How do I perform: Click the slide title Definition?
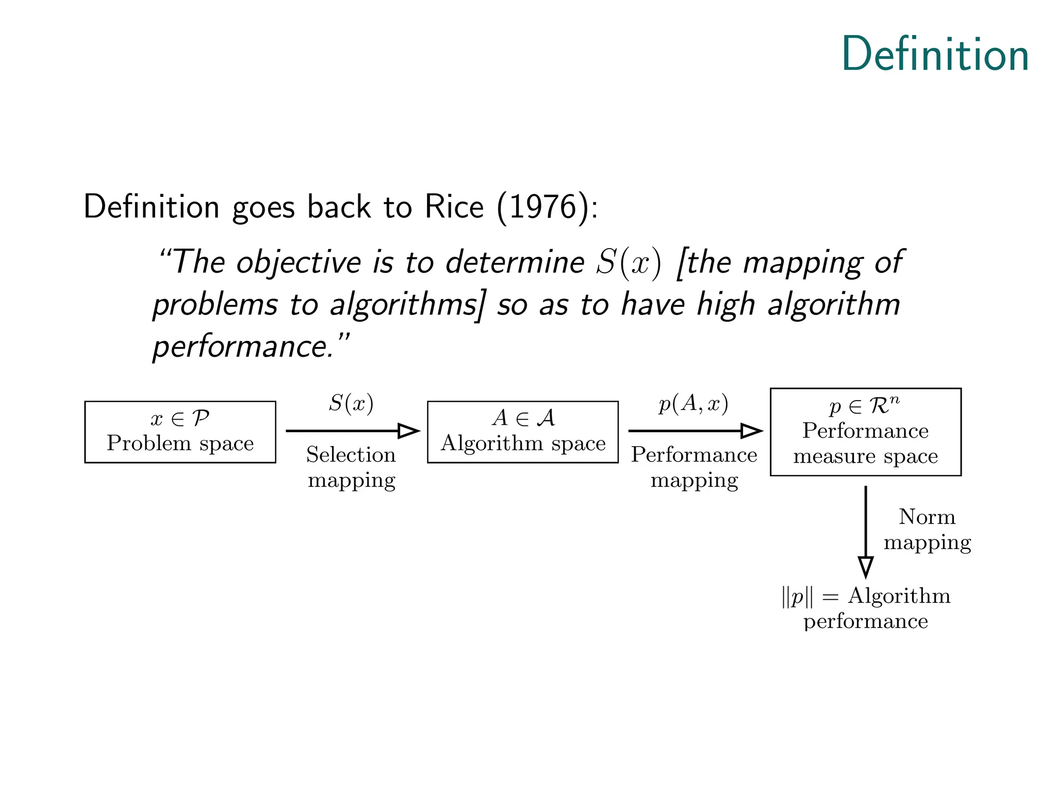[x=935, y=55]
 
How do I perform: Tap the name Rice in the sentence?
[x=454, y=207]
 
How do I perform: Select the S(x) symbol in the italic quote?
[x=629, y=263]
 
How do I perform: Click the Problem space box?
[x=180, y=432]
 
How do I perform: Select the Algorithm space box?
[x=522, y=432]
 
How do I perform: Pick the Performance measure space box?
[x=865, y=432]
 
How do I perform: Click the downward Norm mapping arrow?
[x=866, y=531]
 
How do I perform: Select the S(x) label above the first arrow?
[x=351, y=403]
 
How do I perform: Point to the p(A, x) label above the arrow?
[x=694, y=404]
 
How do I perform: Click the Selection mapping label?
[x=351, y=467]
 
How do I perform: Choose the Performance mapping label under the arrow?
[x=694, y=467]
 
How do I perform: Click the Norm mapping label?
[x=927, y=530]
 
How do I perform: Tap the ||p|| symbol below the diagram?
[x=797, y=597]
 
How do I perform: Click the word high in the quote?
[x=727, y=304]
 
